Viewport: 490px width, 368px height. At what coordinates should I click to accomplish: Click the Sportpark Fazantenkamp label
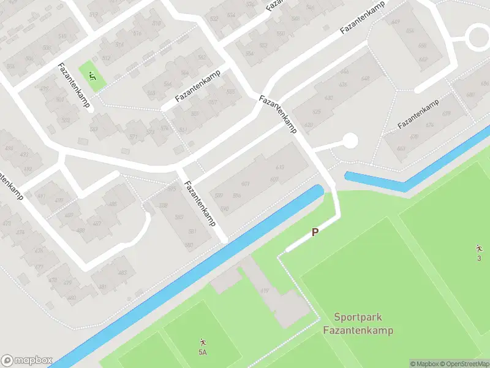point(358,324)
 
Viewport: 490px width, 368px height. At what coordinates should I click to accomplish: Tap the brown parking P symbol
point(315,232)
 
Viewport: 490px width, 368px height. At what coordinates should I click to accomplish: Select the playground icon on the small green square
point(92,77)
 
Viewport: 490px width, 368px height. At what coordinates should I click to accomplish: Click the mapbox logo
point(27,361)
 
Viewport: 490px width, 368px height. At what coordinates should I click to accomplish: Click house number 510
point(62,37)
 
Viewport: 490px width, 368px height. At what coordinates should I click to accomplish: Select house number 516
point(137,34)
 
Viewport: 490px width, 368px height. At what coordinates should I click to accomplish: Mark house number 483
point(122,273)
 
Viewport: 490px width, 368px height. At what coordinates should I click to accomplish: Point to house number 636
point(344,85)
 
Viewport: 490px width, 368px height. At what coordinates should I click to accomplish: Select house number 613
point(280,167)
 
